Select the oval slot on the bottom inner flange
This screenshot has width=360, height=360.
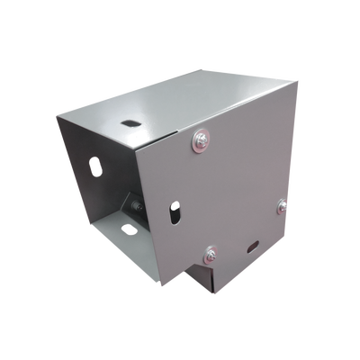click(129, 231)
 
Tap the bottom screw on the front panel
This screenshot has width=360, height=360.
click(210, 254)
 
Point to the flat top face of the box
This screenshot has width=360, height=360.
click(180, 103)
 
